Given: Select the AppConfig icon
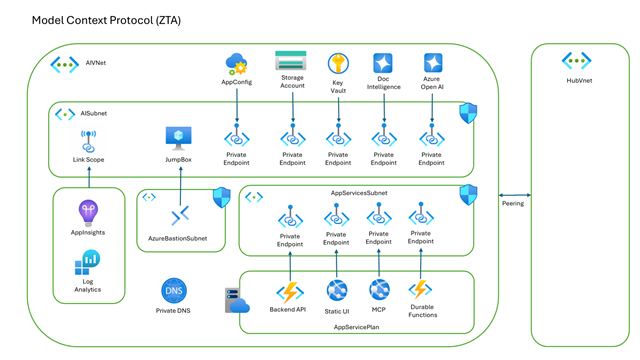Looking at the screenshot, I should (237, 65).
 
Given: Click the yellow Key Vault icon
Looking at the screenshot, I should (338, 64).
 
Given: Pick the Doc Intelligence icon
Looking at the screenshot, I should (383, 64).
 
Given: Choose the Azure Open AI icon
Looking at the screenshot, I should (432, 64).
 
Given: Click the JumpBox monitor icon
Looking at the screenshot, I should (179, 138).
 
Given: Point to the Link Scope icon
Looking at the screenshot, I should (88, 141).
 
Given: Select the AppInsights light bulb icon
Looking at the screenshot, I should (88, 213).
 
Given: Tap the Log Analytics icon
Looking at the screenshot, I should (88, 264).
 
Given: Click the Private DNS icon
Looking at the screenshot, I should (174, 291).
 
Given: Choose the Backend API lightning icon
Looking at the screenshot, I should (290, 292).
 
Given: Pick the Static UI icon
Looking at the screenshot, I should (337, 290).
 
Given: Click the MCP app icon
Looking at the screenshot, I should (379, 290).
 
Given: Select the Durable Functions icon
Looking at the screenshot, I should (420, 290).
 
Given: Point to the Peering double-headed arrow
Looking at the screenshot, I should (511, 195).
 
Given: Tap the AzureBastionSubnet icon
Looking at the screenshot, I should (180, 215).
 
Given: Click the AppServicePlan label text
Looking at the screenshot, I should (355, 327).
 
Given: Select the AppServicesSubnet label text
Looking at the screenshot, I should (359, 191).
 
